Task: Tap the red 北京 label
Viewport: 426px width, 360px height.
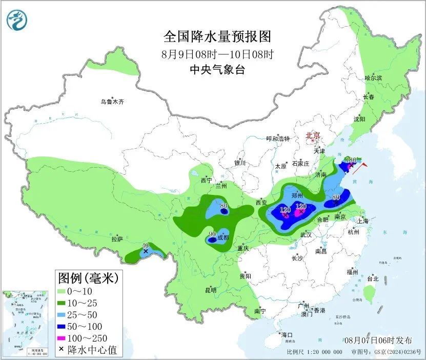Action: (x=313, y=136)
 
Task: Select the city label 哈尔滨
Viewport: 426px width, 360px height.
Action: (x=373, y=77)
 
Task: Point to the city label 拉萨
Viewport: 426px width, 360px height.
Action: (x=117, y=239)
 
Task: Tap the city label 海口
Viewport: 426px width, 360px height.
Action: (x=287, y=335)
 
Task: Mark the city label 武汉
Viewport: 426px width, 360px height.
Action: (x=307, y=234)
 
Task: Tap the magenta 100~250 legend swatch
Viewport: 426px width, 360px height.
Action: (x=65, y=338)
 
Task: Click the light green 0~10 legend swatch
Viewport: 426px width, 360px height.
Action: (x=65, y=291)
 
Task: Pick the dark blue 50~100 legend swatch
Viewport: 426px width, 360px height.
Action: (x=65, y=326)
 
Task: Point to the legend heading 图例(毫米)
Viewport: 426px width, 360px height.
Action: (x=88, y=278)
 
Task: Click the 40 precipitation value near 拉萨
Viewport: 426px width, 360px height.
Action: (x=146, y=246)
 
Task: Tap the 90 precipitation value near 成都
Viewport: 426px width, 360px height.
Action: (x=212, y=234)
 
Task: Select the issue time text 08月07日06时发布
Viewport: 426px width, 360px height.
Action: (x=378, y=340)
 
